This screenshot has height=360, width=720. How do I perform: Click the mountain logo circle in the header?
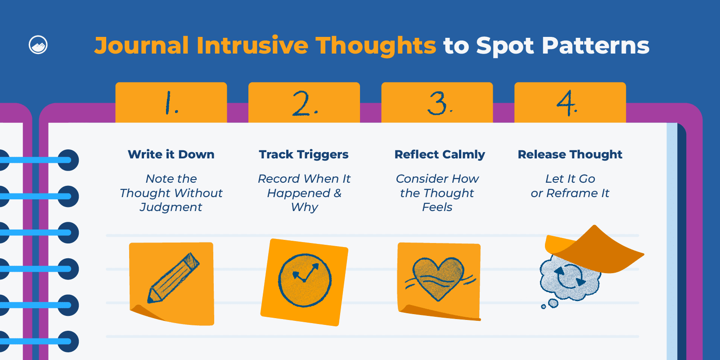(38, 45)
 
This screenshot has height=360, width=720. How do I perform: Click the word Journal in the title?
(141, 46)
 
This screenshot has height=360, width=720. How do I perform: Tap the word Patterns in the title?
(595, 45)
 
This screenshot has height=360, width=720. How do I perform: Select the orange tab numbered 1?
(171, 103)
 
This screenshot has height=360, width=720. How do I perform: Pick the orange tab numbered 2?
(304, 103)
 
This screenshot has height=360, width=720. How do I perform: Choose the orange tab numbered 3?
(437, 103)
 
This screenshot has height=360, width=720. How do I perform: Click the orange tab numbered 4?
(570, 103)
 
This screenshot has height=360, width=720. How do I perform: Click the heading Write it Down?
(171, 155)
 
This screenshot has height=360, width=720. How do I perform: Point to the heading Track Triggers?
(304, 155)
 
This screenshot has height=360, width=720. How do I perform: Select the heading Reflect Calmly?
(440, 155)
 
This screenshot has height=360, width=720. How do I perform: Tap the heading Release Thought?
(570, 155)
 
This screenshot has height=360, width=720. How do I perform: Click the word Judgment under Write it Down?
(171, 207)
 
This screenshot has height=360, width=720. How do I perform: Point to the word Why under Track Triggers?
(304, 207)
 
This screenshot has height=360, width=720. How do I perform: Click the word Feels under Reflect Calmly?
(437, 207)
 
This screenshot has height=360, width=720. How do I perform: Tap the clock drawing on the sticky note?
(305, 280)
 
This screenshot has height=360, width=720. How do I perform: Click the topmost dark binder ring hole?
(68, 160)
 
